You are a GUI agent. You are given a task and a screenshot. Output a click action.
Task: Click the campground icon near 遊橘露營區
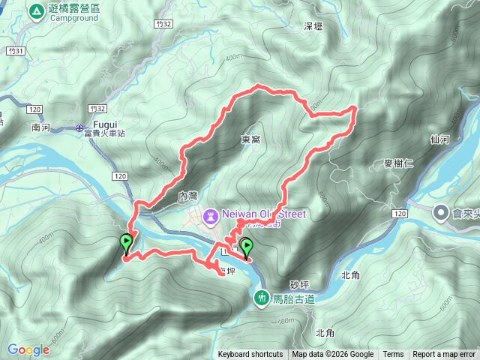click(x=36, y=11)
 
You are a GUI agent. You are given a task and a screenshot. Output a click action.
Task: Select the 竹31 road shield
click(x=10, y=50)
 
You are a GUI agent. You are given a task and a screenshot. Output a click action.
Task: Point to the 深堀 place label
click(x=313, y=26)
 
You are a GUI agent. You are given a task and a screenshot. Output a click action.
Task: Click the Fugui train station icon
click(x=79, y=127)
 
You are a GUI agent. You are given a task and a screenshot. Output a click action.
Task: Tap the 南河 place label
click(x=40, y=128)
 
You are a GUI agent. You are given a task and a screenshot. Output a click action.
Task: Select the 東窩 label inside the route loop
click(x=250, y=139)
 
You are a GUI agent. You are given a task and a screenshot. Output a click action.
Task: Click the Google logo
click(x=28, y=349)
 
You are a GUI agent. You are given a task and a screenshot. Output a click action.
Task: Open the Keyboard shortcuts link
click(x=250, y=354)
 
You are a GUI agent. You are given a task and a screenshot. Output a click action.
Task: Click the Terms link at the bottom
click(x=393, y=354)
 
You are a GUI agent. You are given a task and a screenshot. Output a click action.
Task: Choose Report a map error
click(x=444, y=354)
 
